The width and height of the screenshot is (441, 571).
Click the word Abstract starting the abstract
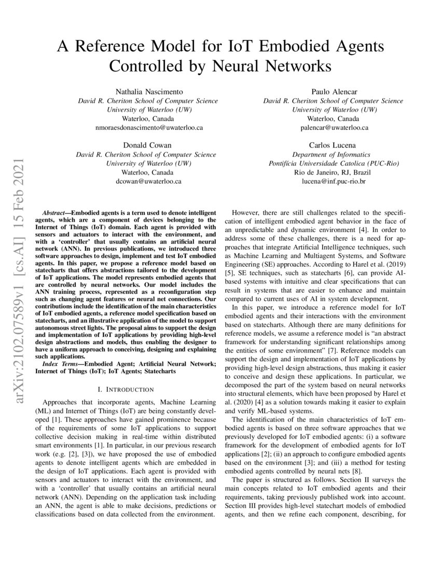coord(54,213)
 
